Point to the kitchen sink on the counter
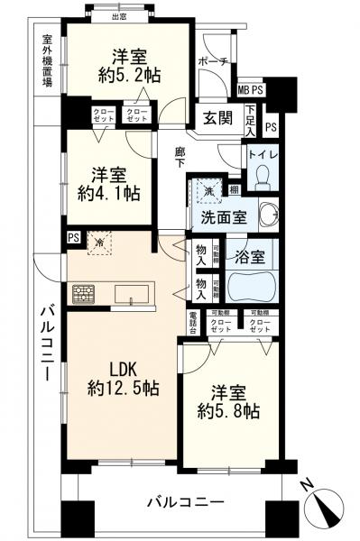pyautogui.click(x=133, y=293)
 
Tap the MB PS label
pyautogui.click(x=251, y=90)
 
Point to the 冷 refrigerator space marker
pyautogui.click(x=97, y=242)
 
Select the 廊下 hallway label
pyautogui.click(x=180, y=158)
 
